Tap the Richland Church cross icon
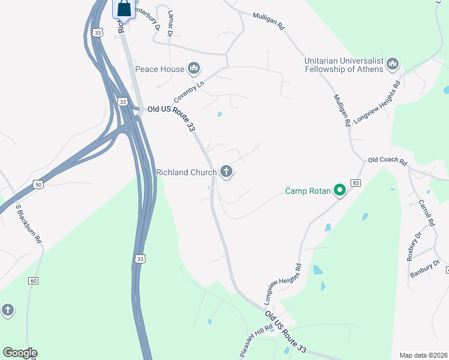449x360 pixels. pyautogui.click(x=226, y=173)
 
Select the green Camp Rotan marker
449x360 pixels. pyautogui.click(x=340, y=191)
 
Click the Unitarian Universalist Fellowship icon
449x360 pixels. pyautogui.click(x=393, y=63)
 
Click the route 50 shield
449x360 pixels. pyautogui.click(x=38, y=184)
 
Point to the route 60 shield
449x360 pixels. pyautogui.click(x=33, y=280)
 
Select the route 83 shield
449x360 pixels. pyautogui.click(x=356, y=182)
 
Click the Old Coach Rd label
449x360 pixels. pyautogui.click(x=387, y=161)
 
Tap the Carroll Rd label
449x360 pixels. pyautogui.click(x=426, y=213)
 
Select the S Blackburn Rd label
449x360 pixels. pyautogui.click(x=28, y=224)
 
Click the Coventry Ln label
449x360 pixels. pyautogui.click(x=189, y=92)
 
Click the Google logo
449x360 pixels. pyautogui.click(x=20, y=353)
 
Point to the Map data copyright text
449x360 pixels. pyautogui.click(x=423, y=355)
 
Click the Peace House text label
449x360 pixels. pyautogui.click(x=160, y=70)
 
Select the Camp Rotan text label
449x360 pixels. pyautogui.click(x=308, y=192)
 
